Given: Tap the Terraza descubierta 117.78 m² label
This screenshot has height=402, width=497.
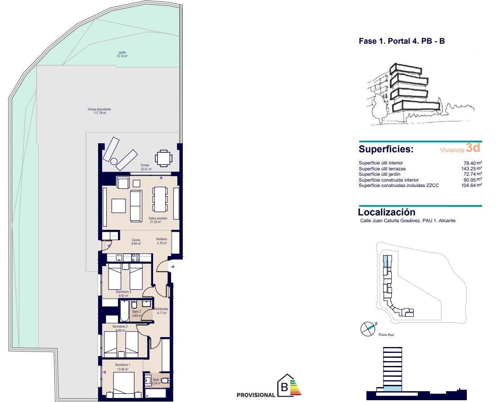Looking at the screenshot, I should tap(96, 111).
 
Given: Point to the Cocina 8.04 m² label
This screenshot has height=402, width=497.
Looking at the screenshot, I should tap(136, 242).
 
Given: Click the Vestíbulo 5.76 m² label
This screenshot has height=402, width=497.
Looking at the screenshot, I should tap(161, 241).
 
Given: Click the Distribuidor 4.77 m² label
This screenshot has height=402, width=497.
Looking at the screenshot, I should tap(161, 311).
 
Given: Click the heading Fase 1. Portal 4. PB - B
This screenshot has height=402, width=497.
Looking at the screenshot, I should tap(402, 41).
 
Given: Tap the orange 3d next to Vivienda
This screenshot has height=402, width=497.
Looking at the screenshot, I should tap(474, 147).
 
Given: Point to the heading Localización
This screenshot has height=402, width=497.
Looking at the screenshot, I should tap(386, 212).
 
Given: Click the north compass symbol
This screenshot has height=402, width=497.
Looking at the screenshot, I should tap(368, 329).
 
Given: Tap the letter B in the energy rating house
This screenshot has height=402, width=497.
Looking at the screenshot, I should tap(284, 387).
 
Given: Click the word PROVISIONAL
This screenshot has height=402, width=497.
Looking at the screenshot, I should tap(255, 395).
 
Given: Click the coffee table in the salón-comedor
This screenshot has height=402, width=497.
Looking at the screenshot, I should tap(119, 206).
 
